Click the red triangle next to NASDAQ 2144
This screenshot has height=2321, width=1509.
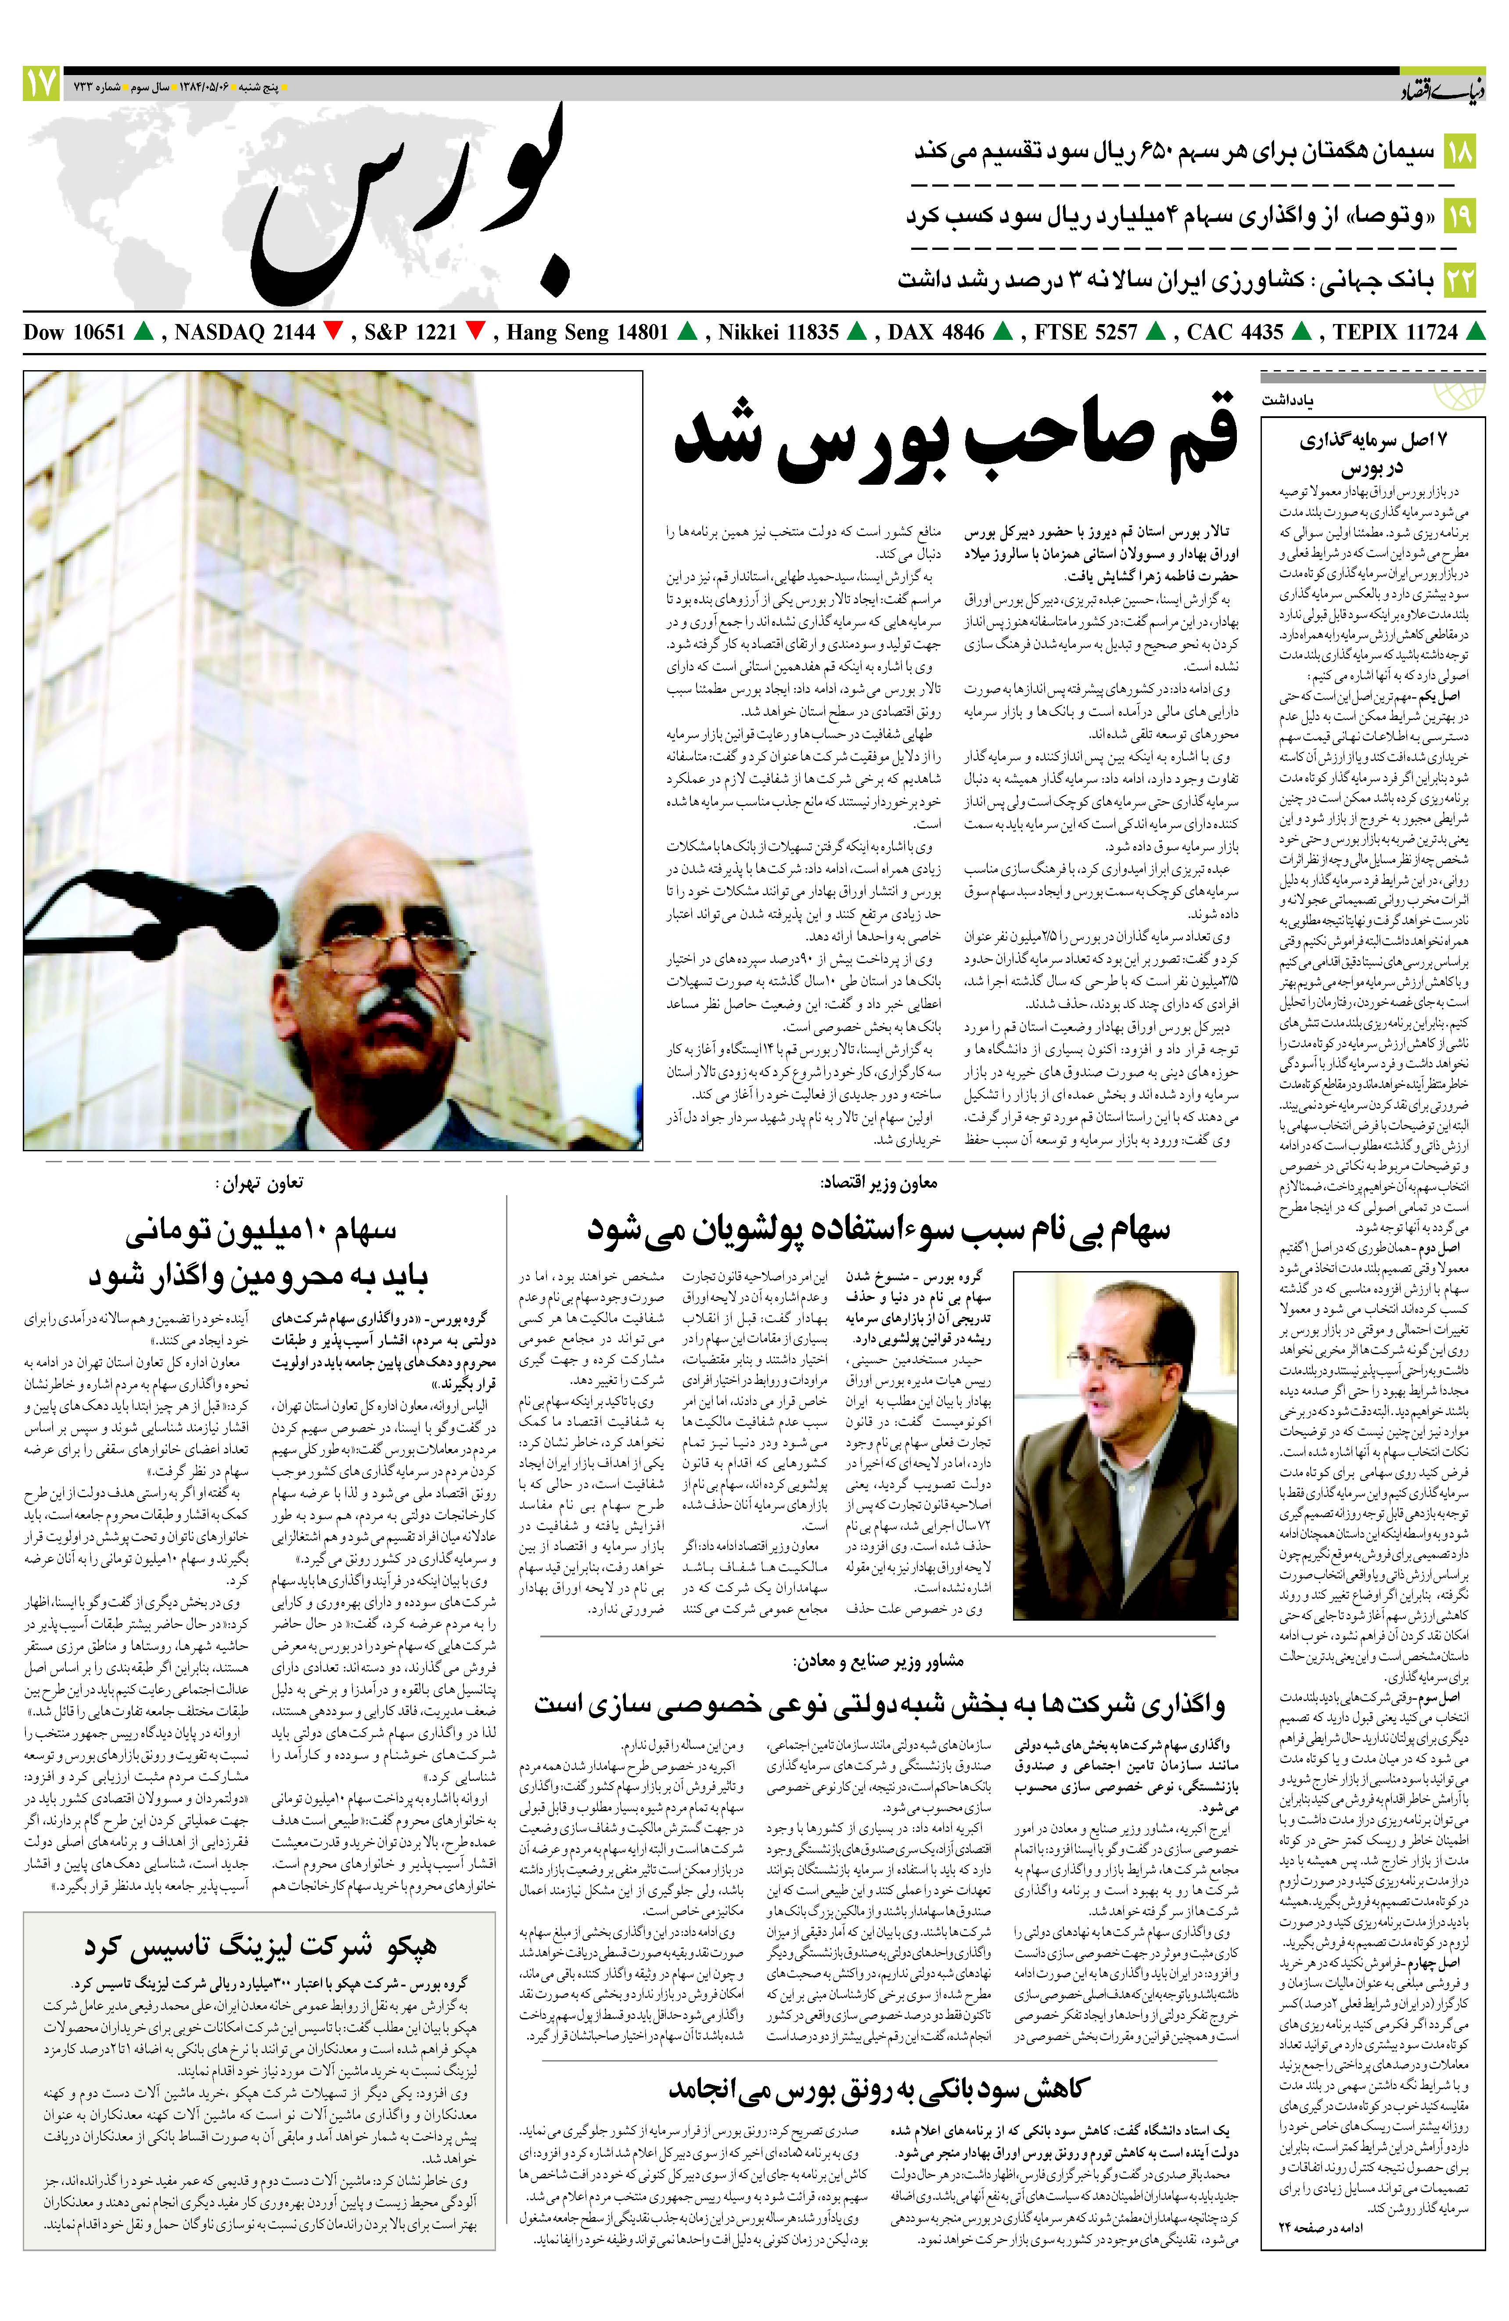(x=332, y=332)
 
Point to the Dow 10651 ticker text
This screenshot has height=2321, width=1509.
(x=74, y=332)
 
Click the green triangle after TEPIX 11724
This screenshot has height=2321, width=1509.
(x=1477, y=332)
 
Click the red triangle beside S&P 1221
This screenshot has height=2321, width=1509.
(x=476, y=332)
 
